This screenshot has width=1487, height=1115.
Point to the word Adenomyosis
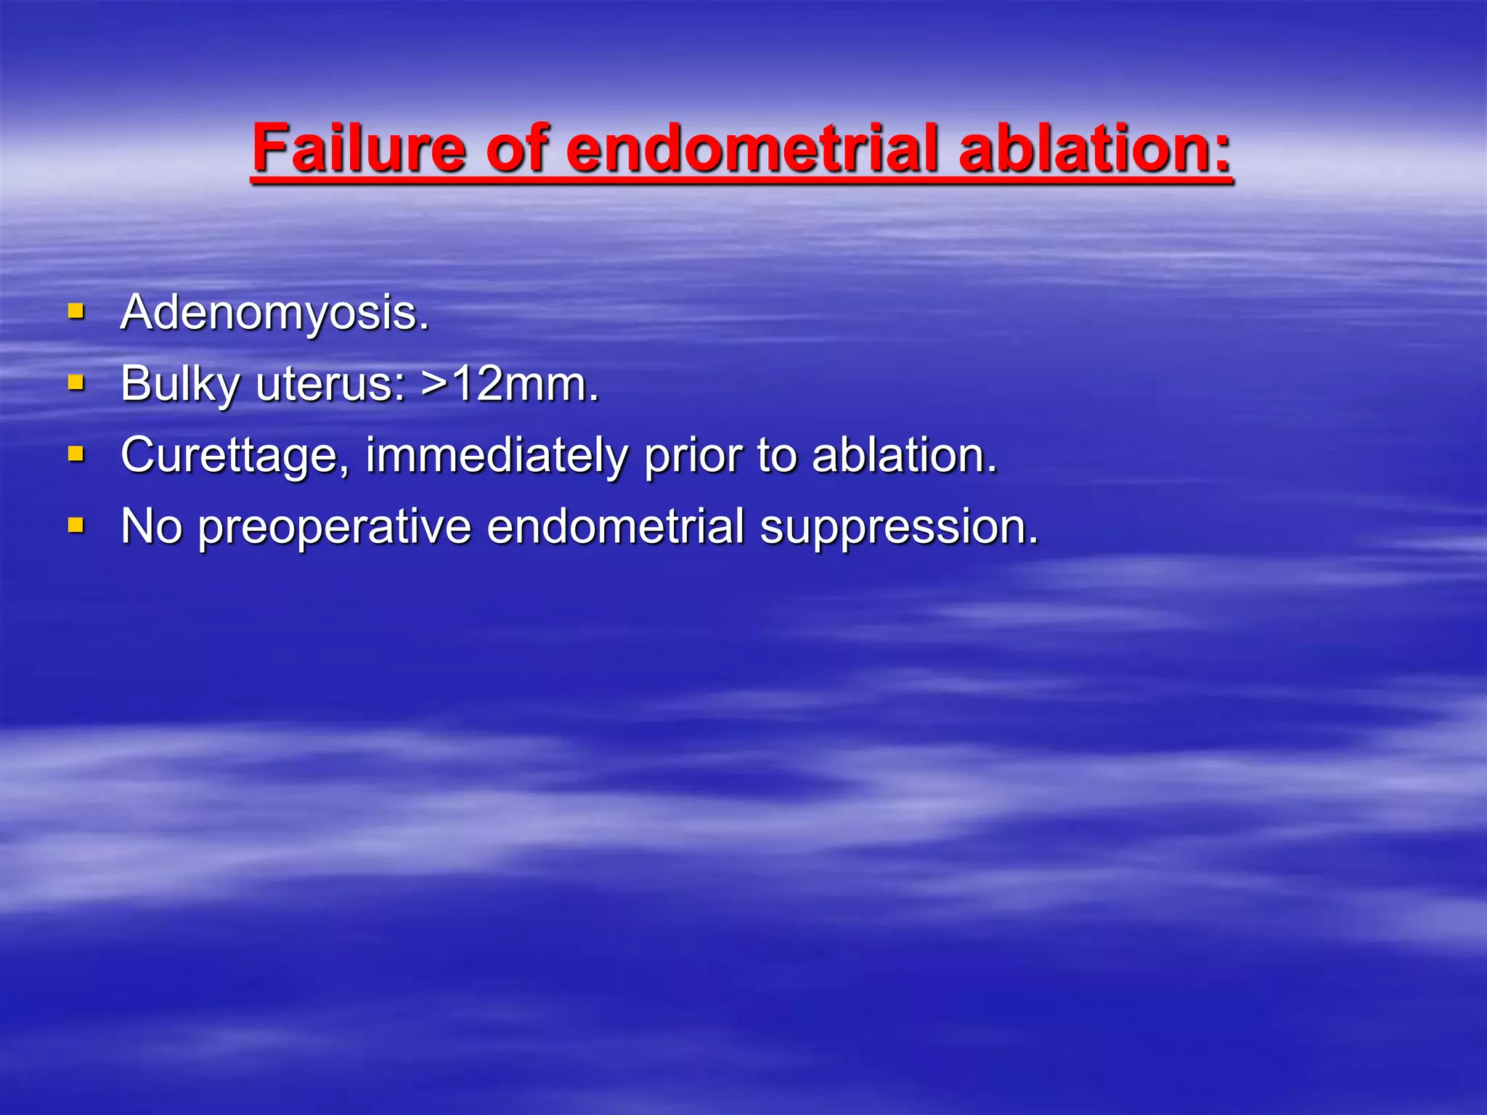tap(275, 314)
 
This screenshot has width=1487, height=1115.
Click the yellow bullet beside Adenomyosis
tap(76, 312)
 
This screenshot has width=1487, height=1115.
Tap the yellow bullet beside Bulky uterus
tap(76, 383)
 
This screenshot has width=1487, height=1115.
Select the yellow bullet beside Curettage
tap(76, 454)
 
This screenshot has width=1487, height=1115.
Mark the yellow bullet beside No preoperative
tap(76, 525)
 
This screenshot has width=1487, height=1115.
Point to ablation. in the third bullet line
tap(905, 456)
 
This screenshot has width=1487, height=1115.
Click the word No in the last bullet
tap(151, 526)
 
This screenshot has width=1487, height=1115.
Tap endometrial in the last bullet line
tap(615, 526)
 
